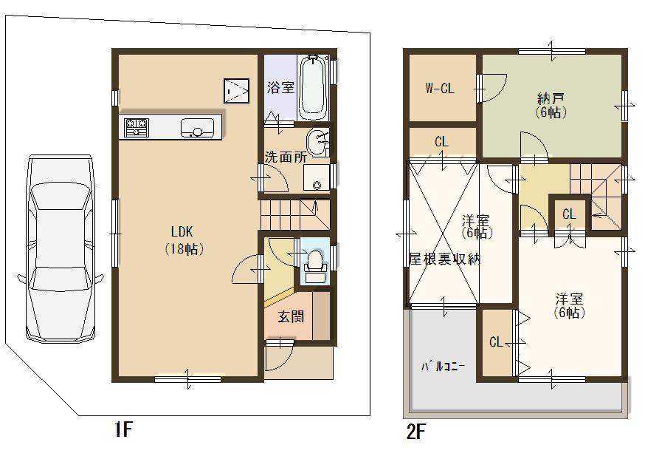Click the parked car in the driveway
pos(59,248)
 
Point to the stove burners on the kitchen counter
pos(136,128)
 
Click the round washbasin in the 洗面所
pos(317,140)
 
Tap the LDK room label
pos(184,229)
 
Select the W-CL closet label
pos(440,89)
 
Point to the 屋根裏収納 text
pos(445,259)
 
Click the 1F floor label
pos(122,431)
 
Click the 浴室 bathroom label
pos(280,87)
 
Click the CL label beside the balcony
pos(497,342)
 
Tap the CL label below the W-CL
pos(442,141)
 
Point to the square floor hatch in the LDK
pos(237,91)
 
